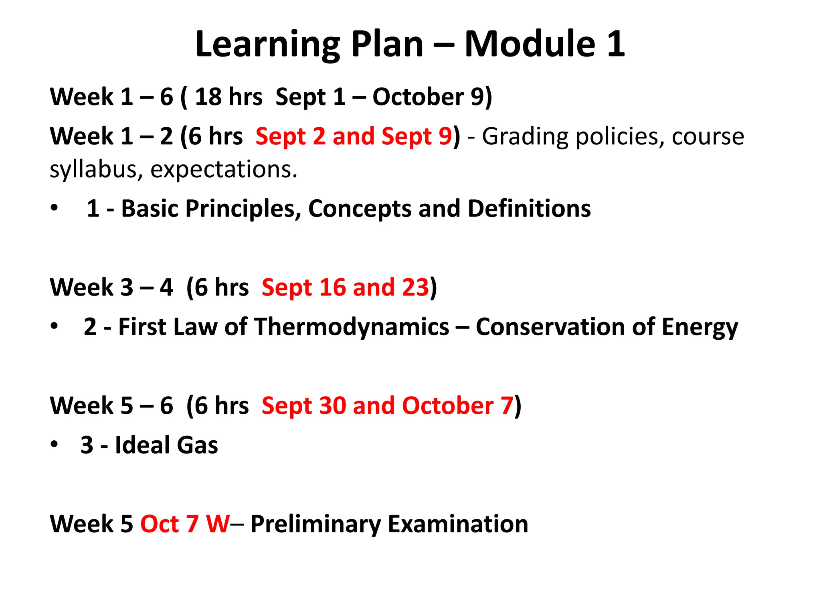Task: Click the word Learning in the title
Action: point(268,45)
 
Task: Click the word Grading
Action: point(528,137)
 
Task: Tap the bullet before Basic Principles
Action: point(55,208)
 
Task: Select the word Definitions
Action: point(529,209)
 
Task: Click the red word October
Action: point(447,405)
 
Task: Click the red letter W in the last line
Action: point(218,524)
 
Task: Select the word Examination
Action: point(458,524)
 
